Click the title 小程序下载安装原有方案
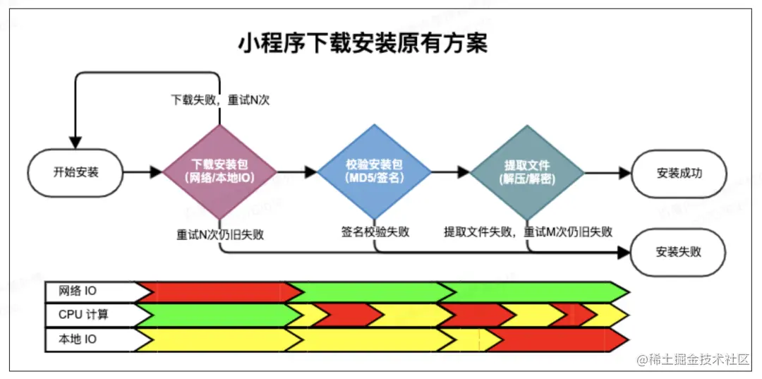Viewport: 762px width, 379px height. point(363,44)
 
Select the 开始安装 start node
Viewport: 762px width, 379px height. point(75,172)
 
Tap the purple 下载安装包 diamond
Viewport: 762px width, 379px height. point(219,172)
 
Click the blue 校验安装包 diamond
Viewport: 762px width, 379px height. point(374,172)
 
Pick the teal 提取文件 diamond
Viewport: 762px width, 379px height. point(527,172)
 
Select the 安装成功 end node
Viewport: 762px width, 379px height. point(679,172)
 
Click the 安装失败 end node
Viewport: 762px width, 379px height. point(679,251)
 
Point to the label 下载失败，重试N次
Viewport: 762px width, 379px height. point(220,100)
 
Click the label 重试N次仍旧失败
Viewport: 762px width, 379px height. point(220,234)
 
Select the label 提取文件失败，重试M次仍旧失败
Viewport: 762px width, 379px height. point(528,231)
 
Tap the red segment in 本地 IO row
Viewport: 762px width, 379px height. point(557,339)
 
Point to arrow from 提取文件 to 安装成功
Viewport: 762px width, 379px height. point(607,172)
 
